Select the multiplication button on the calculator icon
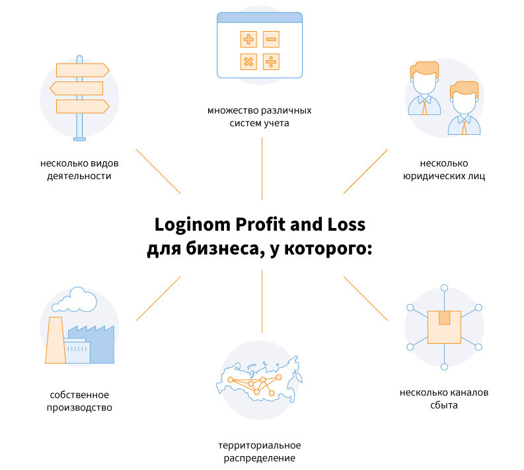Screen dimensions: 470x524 pyautogui.click(x=248, y=62)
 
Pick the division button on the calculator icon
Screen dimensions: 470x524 pyautogui.click(x=271, y=62)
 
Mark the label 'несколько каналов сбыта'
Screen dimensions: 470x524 pyautogui.click(x=443, y=399)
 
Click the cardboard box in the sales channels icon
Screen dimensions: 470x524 pyautogui.click(x=444, y=326)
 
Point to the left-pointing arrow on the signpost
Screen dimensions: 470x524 pyautogui.click(x=77, y=88)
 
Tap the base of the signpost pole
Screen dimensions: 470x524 pyautogui.click(x=79, y=139)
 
